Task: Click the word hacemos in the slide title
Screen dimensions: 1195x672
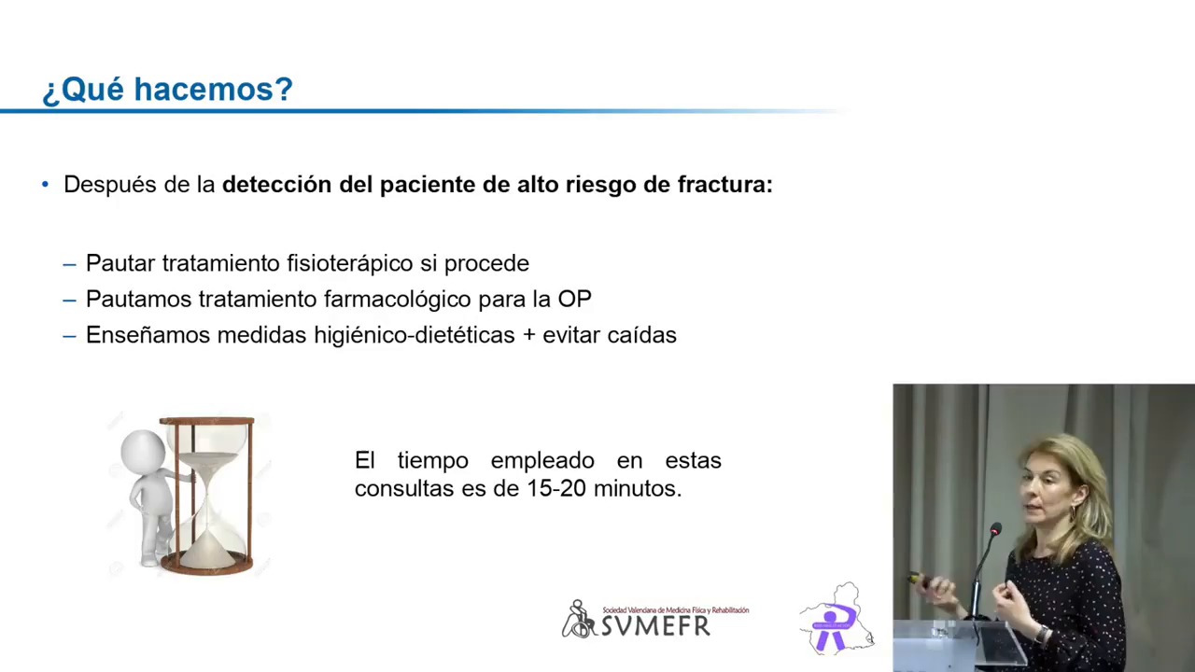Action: point(214,89)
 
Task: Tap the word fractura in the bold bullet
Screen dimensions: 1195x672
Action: point(725,185)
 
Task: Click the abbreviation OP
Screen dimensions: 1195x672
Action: point(574,299)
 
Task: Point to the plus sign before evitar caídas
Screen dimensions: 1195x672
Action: point(528,335)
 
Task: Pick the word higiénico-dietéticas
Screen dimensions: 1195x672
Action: point(414,335)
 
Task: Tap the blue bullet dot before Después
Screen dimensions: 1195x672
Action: point(46,185)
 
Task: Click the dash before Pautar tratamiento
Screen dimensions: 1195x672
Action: point(69,264)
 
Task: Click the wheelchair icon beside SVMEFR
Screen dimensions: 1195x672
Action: point(578,619)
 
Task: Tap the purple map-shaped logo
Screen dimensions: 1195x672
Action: point(836,619)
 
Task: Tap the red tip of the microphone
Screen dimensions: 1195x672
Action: point(995,529)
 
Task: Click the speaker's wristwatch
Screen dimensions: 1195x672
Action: point(1040,634)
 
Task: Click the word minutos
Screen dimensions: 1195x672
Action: point(638,488)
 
